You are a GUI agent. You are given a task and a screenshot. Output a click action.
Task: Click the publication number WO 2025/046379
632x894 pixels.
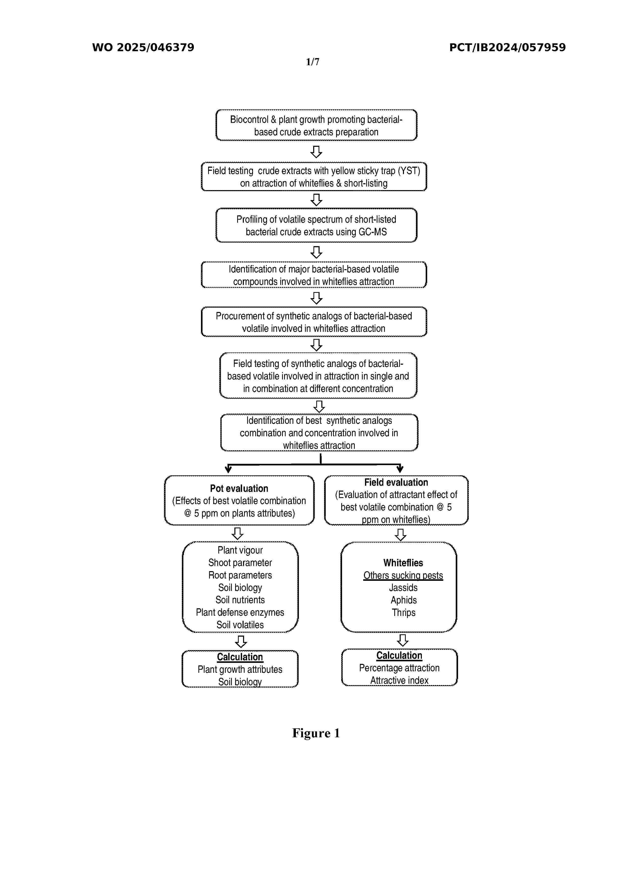[x=143, y=47]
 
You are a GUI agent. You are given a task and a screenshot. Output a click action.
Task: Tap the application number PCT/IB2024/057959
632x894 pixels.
[x=507, y=47]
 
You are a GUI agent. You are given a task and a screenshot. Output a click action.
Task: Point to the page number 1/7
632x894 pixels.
[x=312, y=62]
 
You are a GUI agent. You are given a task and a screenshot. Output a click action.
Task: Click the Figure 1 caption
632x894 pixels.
[x=316, y=733]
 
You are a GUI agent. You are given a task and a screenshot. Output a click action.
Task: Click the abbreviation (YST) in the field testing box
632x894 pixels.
[x=409, y=171]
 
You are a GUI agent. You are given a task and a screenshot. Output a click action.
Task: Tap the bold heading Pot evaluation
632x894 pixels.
[x=239, y=489]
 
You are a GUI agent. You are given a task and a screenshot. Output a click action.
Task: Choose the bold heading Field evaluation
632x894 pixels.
[x=396, y=482]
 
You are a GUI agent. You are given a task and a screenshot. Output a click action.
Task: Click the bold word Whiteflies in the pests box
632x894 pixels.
[x=403, y=563]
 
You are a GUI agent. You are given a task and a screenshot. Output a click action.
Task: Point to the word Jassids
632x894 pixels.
[x=403, y=588]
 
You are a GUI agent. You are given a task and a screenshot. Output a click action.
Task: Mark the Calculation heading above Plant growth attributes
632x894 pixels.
[x=240, y=657]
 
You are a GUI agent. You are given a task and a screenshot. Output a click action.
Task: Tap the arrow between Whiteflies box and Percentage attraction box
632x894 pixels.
[x=402, y=640]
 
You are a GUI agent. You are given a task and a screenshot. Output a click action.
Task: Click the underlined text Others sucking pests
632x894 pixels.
[x=403, y=575]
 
